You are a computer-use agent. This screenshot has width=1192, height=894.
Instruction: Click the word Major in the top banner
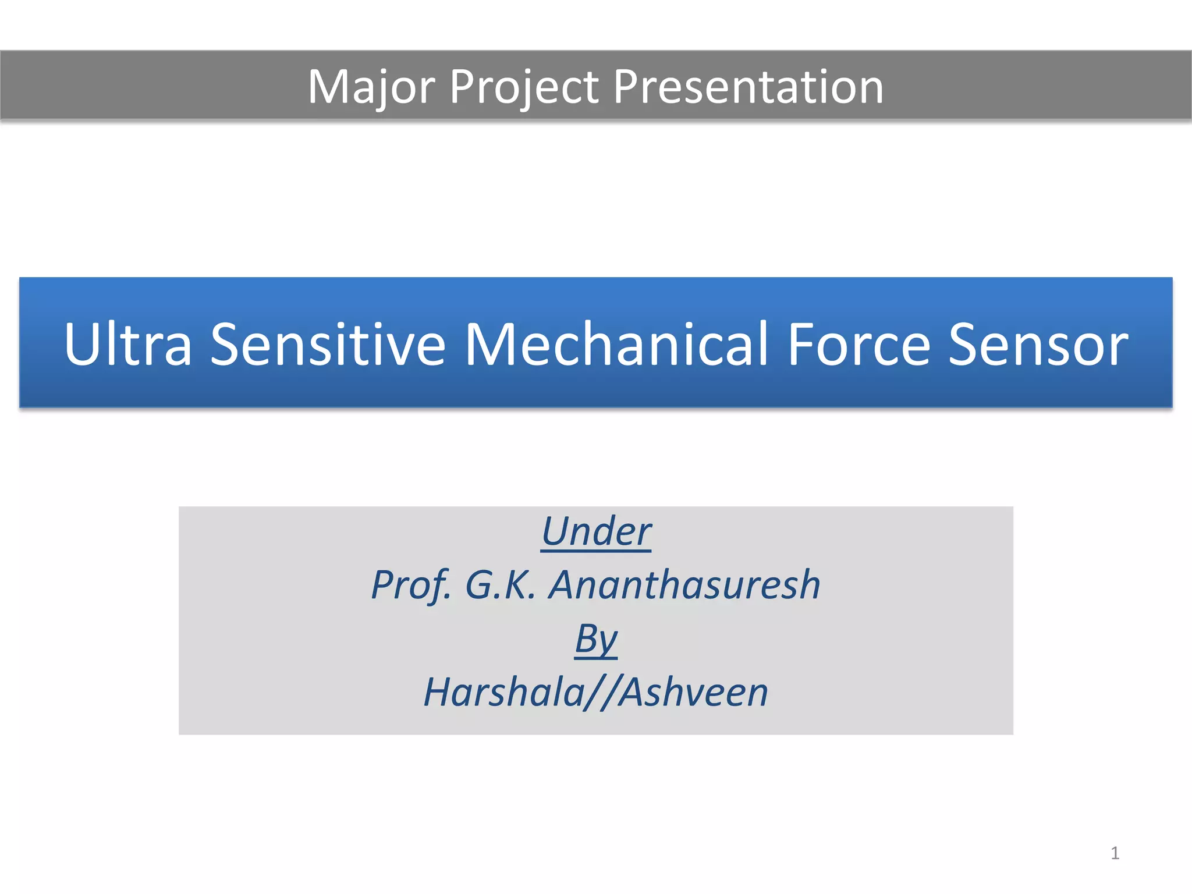point(371,87)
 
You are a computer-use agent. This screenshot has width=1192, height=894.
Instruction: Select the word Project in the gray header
point(524,87)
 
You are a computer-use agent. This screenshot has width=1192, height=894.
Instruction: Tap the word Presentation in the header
point(748,87)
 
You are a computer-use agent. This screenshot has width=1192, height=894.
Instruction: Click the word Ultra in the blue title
point(127,345)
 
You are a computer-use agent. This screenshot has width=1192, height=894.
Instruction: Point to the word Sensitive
point(328,345)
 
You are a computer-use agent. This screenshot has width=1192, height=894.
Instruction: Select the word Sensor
point(1038,345)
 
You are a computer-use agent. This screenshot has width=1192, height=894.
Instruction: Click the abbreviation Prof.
point(411,585)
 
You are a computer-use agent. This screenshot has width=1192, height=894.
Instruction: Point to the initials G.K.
point(500,585)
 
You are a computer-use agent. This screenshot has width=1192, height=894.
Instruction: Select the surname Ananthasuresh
point(684,585)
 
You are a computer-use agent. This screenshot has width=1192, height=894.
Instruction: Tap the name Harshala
point(504,693)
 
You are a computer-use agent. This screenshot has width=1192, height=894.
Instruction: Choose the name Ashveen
point(693,693)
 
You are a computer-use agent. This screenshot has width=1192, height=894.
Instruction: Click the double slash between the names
point(601,693)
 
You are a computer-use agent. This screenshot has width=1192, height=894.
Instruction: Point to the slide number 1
point(1115,853)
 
